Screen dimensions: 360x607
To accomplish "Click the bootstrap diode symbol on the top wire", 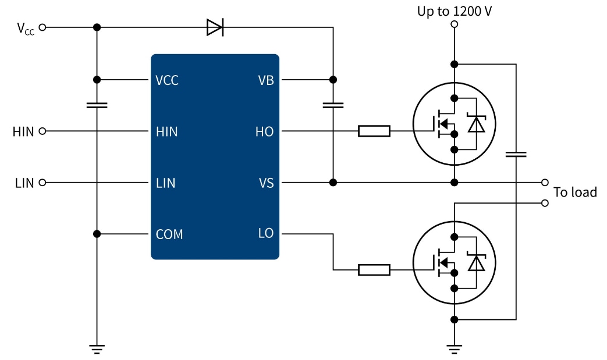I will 215,27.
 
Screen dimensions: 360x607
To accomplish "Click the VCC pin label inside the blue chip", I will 167,80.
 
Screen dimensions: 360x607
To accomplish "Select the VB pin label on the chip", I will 265,80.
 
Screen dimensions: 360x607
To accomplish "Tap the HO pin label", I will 264,131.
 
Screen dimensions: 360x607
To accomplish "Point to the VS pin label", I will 266,183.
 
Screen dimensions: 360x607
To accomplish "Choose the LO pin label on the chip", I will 265,234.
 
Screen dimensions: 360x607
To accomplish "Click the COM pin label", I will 169,234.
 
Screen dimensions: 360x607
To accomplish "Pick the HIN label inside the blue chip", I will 167,132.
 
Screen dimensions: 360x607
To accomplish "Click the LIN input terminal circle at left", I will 42,183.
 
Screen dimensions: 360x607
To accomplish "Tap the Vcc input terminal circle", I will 42,27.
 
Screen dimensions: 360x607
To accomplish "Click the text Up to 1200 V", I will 455,10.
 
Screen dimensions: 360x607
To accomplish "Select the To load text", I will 574,193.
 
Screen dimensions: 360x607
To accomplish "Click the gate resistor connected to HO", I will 374,131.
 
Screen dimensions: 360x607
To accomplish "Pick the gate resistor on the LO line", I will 374,269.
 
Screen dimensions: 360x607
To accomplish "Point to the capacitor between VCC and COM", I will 97,105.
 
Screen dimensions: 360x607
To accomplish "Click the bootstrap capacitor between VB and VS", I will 333,105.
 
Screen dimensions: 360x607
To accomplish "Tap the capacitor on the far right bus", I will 516,154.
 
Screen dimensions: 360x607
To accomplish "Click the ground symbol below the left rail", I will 97,349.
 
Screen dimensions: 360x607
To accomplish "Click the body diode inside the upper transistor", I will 477,124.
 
